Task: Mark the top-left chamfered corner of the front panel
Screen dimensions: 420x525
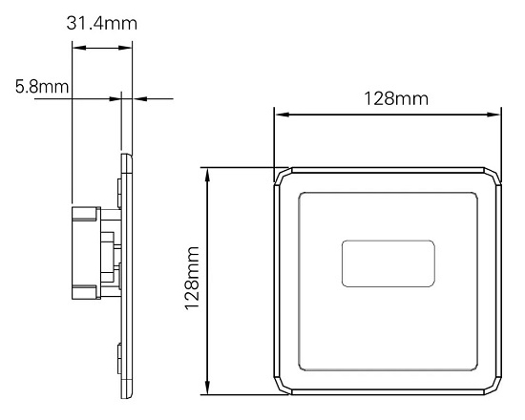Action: [283, 176]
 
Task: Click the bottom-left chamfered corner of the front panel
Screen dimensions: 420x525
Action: [283, 388]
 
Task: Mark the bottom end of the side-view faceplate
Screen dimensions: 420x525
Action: [126, 395]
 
